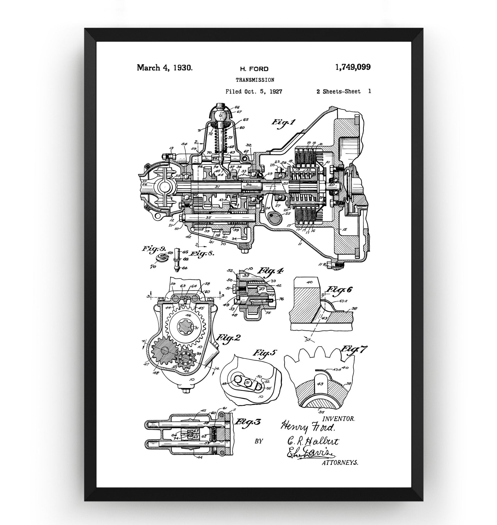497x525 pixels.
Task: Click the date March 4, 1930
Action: (165, 68)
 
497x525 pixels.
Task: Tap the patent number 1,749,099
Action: (353, 67)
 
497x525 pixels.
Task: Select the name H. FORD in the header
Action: (254, 69)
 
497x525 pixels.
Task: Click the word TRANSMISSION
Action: (255, 80)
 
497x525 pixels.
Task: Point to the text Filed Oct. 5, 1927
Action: (254, 92)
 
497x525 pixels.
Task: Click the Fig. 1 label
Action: (283, 123)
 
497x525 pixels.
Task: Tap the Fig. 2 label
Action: (228, 338)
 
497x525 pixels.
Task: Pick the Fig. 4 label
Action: (270, 271)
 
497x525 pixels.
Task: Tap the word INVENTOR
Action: (339, 419)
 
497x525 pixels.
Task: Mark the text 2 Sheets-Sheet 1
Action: (344, 92)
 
